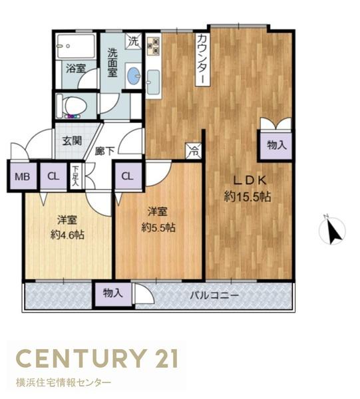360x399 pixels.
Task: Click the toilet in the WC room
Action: (72, 106)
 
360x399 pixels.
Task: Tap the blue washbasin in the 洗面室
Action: (134, 76)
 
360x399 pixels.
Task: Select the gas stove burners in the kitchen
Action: (154, 46)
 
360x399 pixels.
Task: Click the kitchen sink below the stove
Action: (154, 81)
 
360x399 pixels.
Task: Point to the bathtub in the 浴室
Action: (76, 47)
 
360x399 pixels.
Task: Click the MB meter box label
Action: (23, 176)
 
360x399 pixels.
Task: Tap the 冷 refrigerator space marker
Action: (194, 151)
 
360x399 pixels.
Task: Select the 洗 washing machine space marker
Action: (133, 41)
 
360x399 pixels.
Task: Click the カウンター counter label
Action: (203, 60)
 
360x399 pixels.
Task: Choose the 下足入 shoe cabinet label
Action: (75, 176)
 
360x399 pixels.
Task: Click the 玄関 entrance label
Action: (72, 141)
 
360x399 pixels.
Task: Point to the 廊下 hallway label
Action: (104, 151)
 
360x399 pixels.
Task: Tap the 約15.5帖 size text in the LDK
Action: (247, 197)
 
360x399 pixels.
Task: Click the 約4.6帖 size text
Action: (67, 235)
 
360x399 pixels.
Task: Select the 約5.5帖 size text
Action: (158, 227)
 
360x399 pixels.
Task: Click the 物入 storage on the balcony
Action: (112, 294)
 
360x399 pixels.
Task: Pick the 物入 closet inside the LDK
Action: (276, 145)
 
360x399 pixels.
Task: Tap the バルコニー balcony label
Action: (215, 295)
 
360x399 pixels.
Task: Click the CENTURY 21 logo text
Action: (96, 358)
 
